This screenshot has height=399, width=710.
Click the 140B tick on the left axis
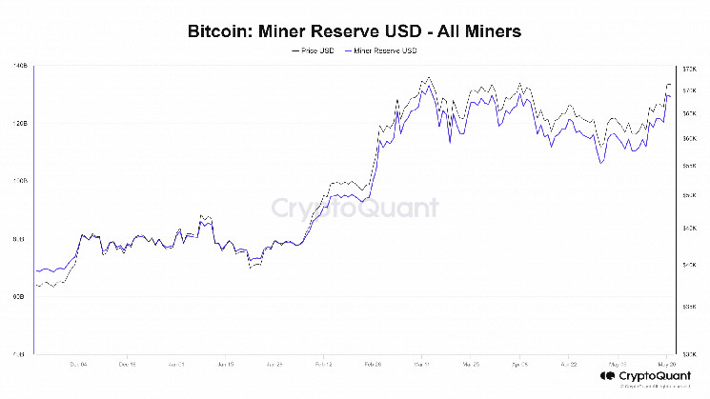20,66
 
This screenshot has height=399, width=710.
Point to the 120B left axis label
20,124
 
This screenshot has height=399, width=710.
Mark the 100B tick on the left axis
20,181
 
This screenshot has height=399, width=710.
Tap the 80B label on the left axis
20,239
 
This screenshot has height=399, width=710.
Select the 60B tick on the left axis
20,296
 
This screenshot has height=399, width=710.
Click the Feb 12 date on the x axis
323,364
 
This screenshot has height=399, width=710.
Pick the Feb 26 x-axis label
373,364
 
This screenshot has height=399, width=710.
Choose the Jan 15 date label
225,364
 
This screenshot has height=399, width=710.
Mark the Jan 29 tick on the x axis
274,364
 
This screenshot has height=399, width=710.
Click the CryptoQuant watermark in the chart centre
355,208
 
